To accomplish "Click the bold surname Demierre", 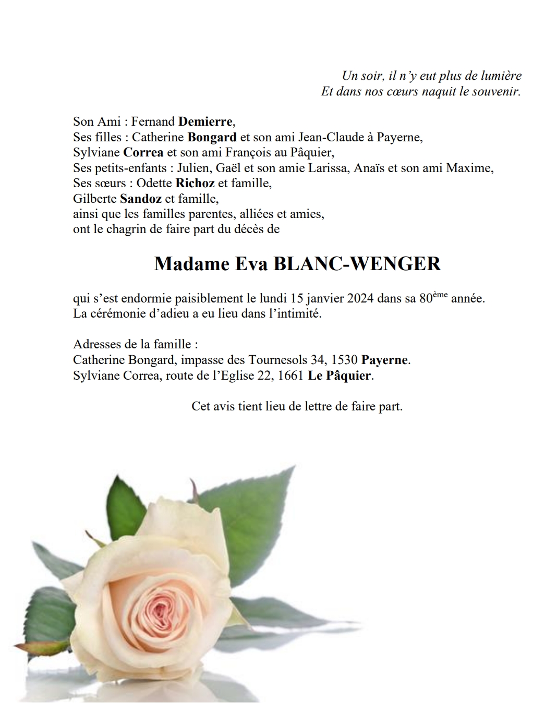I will coord(205,122).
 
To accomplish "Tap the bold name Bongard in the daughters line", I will coord(212,137).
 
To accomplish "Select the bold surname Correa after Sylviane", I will coord(143,152).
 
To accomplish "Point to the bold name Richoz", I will coord(195,183).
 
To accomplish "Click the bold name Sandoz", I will coord(141,199).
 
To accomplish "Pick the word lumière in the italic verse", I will coord(501,76).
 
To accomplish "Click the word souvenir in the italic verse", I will coord(496,91).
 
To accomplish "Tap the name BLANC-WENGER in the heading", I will coord(357,264).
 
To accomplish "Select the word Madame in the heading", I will coord(192,264).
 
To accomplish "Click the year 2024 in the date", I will coord(360,298).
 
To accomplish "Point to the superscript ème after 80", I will coord(440,295).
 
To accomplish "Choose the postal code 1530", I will coord(344,360).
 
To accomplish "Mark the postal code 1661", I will coord(290,375).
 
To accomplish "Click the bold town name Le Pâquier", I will coord(340,375).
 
